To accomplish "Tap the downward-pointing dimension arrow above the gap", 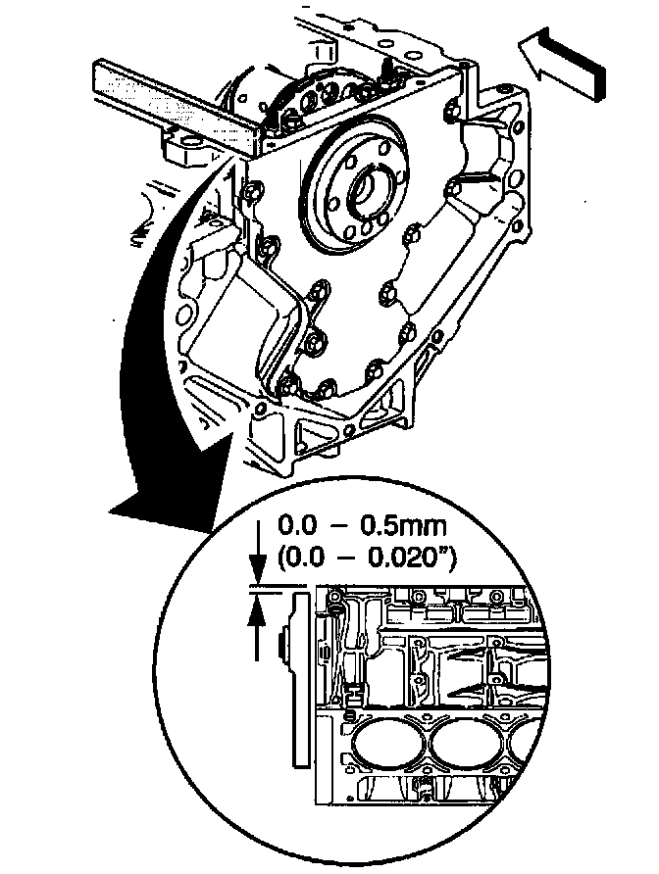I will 257,565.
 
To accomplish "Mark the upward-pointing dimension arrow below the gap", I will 257,616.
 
